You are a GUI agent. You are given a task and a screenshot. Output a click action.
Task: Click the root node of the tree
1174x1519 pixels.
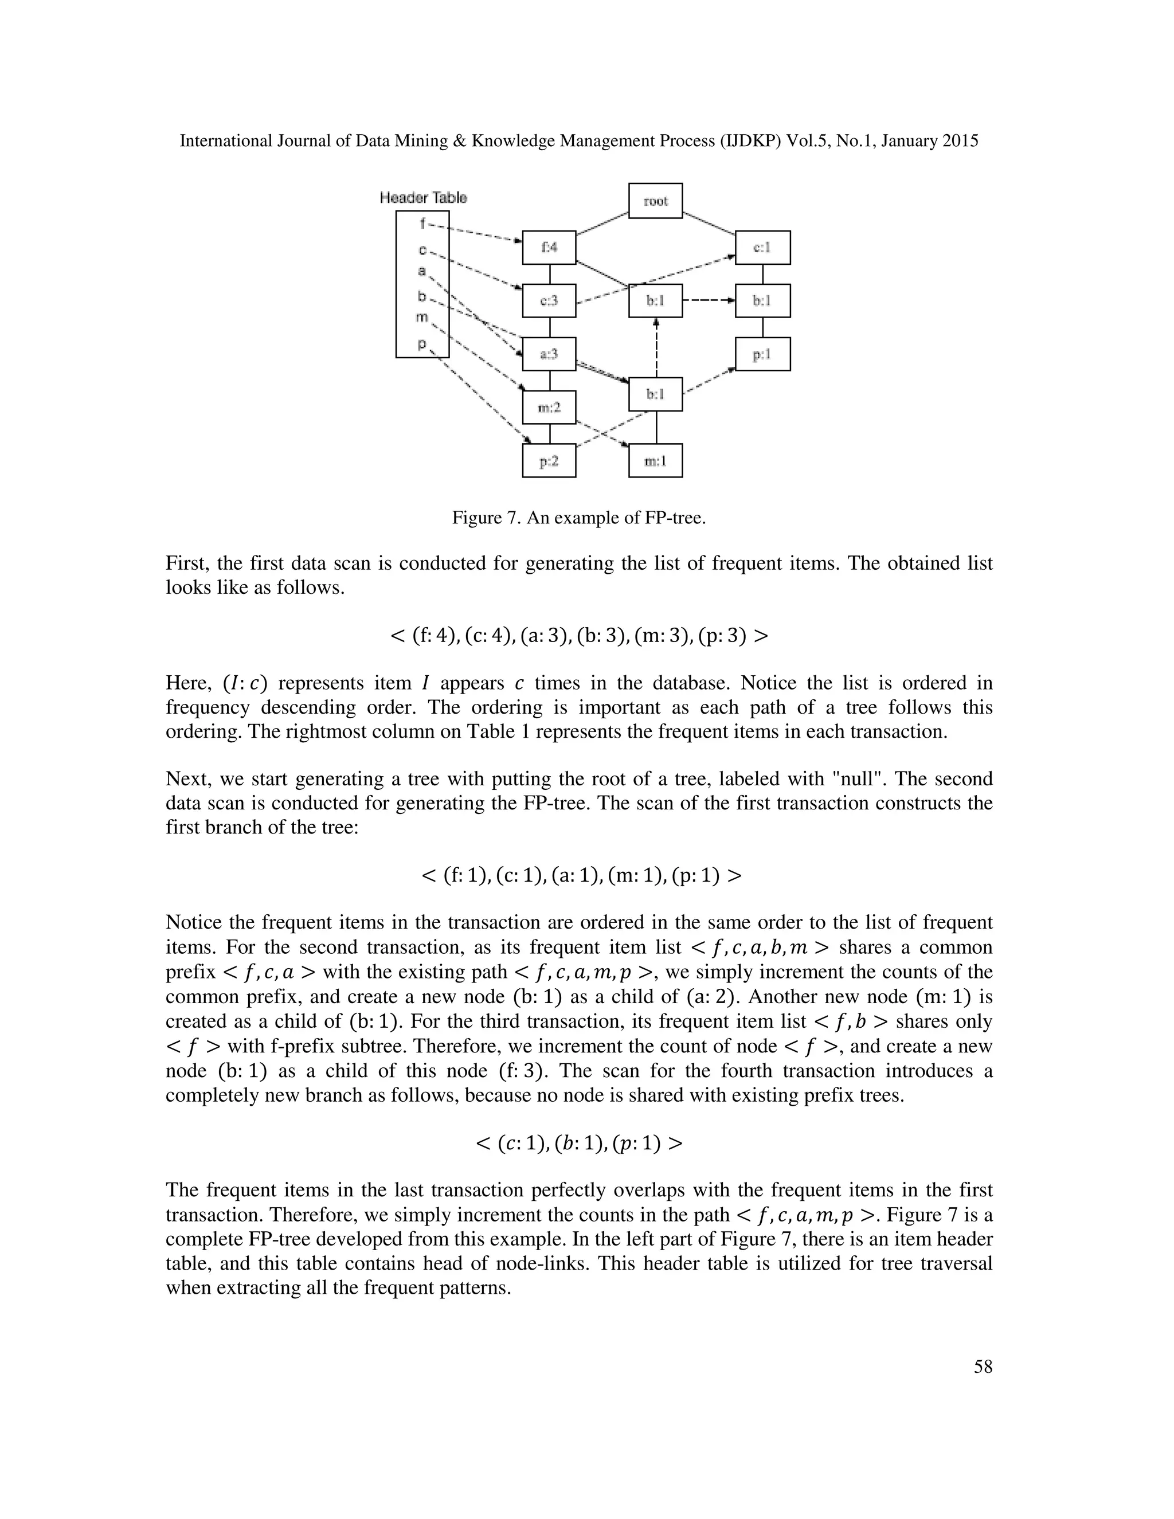[655, 201]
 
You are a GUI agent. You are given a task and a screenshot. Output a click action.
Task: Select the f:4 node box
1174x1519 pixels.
[549, 248]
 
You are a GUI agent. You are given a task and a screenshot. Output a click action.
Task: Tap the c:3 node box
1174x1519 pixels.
[549, 301]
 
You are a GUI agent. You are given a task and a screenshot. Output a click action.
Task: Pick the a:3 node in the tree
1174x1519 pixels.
[549, 354]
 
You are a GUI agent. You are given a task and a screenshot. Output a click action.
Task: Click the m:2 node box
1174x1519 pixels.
[549, 408]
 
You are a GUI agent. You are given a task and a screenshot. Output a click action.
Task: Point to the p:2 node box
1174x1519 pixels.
[549, 460]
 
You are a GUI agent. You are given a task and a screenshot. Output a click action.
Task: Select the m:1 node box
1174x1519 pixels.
[655, 460]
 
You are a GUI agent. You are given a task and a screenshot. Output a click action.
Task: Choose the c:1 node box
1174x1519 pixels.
[762, 248]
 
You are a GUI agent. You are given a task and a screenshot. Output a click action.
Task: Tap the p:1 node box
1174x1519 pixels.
[762, 354]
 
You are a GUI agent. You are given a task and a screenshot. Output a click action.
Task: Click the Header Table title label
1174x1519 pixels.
[424, 198]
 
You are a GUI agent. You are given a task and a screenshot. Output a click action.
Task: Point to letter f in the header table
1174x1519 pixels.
[422, 223]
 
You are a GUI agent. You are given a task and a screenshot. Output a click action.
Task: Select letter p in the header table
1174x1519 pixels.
[421, 343]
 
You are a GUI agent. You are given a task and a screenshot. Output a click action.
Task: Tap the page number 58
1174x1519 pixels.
[983, 1367]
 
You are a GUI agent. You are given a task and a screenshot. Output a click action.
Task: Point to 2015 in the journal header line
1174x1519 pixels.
[961, 141]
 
